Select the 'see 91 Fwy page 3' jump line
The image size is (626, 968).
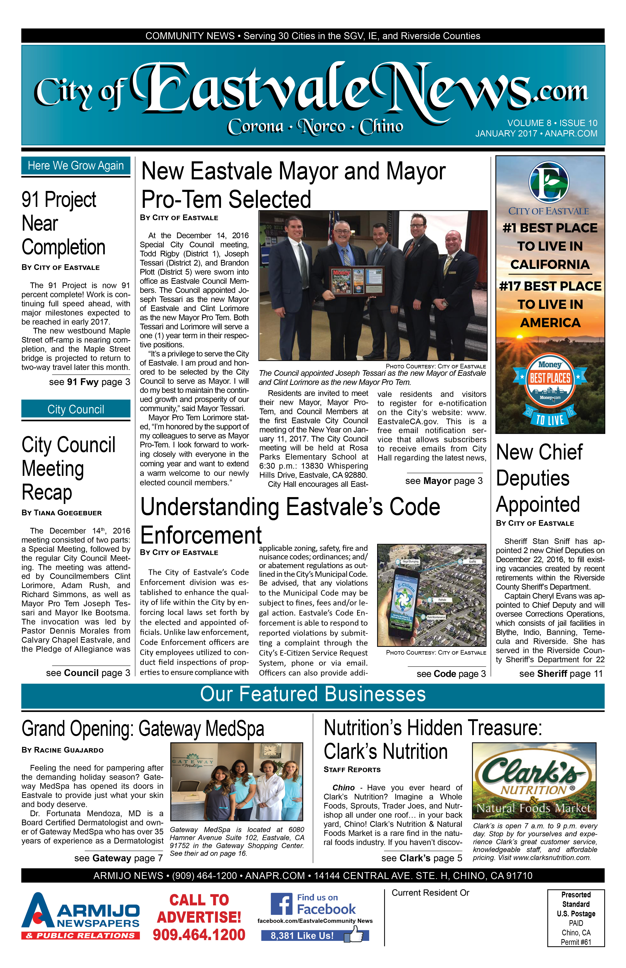89,382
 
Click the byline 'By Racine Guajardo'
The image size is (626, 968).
63,750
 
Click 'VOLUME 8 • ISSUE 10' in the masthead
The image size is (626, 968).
552,123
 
